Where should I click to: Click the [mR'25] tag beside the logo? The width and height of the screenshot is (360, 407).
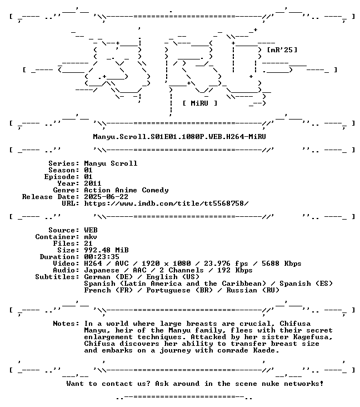(282, 50)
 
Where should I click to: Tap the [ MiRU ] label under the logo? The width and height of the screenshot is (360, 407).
(199, 103)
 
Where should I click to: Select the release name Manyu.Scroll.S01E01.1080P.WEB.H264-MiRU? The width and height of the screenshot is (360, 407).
(179, 137)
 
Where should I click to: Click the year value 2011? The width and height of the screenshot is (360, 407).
(93, 183)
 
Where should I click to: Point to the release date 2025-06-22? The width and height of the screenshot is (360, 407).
(106, 197)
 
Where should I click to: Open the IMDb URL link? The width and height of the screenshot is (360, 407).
(166, 203)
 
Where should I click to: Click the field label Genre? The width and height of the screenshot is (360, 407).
(66, 190)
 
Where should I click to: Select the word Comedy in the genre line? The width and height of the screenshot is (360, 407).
(155, 190)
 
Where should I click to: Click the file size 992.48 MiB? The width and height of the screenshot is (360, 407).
(106, 250)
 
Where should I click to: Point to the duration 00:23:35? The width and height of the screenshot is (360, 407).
(102, 257)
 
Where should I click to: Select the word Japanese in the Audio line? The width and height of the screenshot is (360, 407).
(102, 270)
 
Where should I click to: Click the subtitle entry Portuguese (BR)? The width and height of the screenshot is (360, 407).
(177, 290)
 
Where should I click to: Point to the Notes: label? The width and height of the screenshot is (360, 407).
(66, 324)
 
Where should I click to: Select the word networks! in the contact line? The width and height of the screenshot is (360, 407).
(304, 384)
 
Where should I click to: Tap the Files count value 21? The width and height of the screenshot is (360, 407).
(88, 244)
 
